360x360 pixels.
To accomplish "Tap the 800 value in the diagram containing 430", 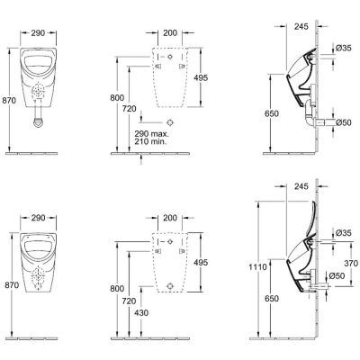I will [x=117, y=289].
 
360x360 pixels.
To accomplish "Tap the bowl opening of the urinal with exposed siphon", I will [x=38, y=64].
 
